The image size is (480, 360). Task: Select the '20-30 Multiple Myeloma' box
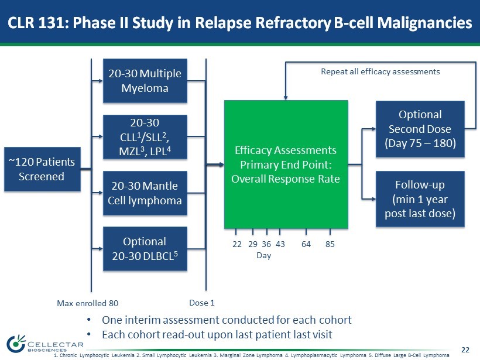[145, 81]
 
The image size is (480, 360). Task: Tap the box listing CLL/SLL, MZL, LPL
[145, 136]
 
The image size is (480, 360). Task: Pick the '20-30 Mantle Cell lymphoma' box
[145, 193]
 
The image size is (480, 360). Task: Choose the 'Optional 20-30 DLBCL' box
[145, 249]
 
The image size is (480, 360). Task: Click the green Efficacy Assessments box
[286, 164]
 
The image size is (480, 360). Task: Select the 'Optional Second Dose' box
[419, 129]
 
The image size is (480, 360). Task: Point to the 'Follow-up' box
[419, 199]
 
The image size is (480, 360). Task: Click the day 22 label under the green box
[237, 244]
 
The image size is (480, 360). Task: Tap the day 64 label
[306, 244]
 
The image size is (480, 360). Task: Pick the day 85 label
[330, 244]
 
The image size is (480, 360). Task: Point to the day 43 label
[280, 244]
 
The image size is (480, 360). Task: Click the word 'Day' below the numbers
[263, 256]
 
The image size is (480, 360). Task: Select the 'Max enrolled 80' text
[87, 303]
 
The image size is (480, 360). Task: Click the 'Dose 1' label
[202, 303]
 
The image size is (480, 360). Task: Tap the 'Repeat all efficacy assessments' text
[380, 71]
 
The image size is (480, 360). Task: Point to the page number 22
[465, 349]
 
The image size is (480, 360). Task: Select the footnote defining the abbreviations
[251, 355]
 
